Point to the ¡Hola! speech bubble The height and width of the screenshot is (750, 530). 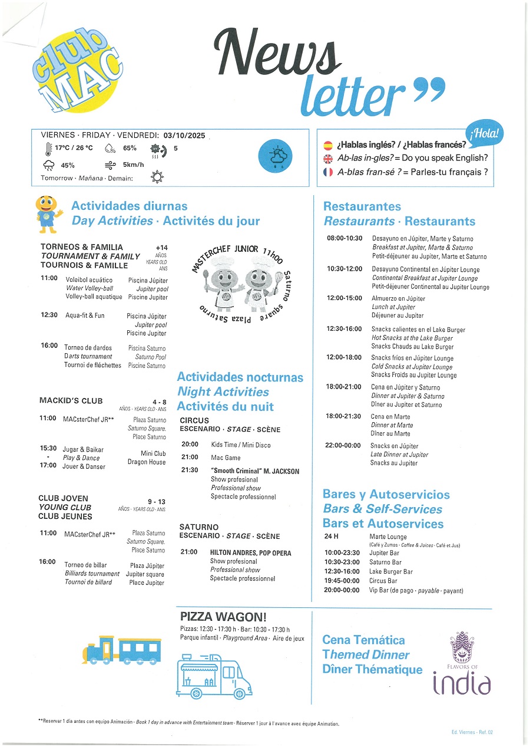point(485,133)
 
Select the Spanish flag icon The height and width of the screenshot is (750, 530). point(328,145)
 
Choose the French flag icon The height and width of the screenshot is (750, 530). point(328,173)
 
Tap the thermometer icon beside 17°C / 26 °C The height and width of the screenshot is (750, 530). point(47,149)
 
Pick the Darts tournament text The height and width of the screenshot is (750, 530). point(88,357)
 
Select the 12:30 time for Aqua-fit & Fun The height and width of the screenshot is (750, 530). point(49,315)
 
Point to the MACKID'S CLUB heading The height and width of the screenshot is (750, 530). point(71,401)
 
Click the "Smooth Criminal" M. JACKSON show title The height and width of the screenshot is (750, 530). point(255,471)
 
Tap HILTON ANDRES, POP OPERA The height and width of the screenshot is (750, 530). point(250,553)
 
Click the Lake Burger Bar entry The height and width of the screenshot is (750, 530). point(391,572)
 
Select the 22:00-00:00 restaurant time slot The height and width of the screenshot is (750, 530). point(343,446)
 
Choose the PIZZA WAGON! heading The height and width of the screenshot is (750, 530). point(223,617)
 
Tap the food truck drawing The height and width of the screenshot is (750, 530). point(214,675)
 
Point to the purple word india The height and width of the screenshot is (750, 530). point(462,684)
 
